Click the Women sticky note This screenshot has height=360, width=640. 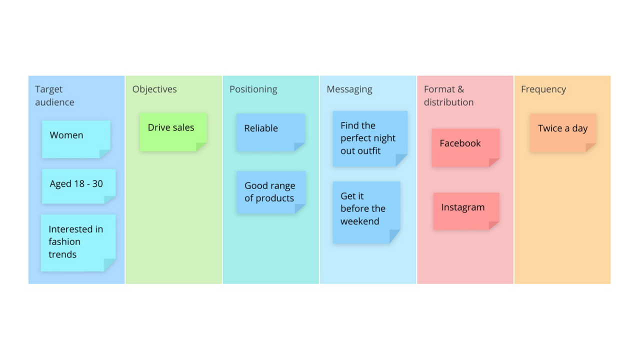click(x=76, y=139)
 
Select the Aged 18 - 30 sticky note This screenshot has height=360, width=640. click(x=78, y=186)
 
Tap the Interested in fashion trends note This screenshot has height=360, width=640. click(x=78, y=243)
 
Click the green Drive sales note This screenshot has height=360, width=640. click(x=172, y=131)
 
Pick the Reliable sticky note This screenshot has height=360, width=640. click(x=270, y=132)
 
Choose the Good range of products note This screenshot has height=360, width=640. click(x=271, y=192)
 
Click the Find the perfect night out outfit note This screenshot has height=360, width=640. click(x=370, y=138)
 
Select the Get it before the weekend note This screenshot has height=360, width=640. click(x=366, y=212)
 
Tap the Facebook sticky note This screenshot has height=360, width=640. click(x=465, y=147)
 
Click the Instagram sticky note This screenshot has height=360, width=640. click(x=466, y=210)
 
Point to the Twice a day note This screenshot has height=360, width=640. click(x=563, y=132)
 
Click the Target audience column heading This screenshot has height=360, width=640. click(x=54, y=95)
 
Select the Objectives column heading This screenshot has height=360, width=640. click(x=154, y=89)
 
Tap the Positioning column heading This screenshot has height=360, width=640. click(x=253, y=89)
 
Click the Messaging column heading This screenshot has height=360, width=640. click(x=349, y=89)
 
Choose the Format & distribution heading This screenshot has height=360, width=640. click(x=448, y=95)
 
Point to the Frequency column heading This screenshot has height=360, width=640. click(x=543, y=89)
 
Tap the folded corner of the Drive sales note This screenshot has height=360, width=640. click(x=201, y=146)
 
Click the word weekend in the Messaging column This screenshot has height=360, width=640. click(x=360, y=221)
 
